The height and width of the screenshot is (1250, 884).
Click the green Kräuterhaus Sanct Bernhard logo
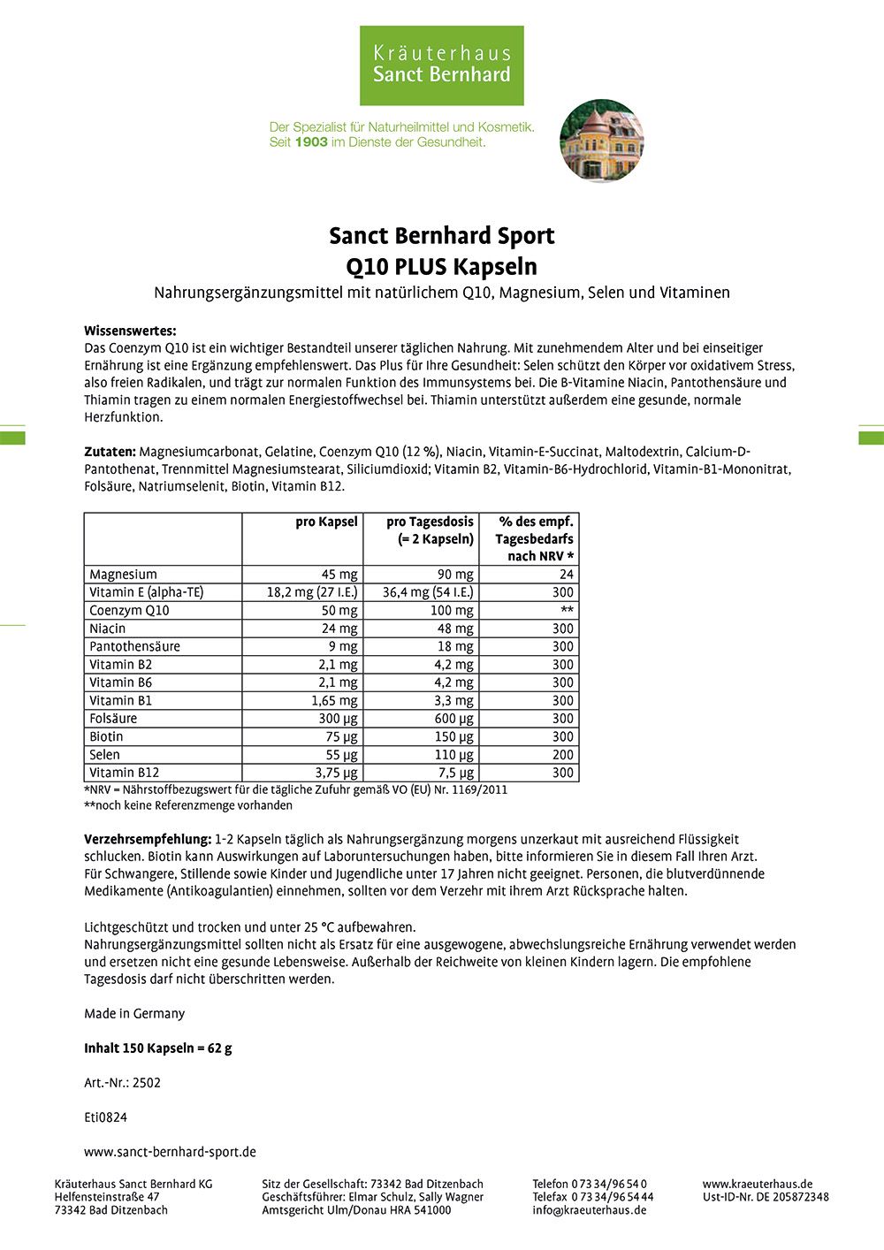click(441, 65)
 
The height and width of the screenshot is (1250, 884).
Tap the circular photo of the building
click(602, 141)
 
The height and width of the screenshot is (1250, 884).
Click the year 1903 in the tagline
click(311, 141)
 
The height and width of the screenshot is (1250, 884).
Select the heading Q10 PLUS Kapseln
click(441, 266)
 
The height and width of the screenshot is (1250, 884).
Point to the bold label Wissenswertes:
click(130, 331)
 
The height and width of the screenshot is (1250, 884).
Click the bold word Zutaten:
click(110, 452)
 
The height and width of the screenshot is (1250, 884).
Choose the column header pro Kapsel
click(326, 522)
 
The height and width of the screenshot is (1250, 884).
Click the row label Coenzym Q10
click(129, 610)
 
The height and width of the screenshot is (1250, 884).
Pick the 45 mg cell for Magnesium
click(339, 575)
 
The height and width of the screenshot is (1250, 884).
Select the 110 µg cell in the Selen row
click(454, 755)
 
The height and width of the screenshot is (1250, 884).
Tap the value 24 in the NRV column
click(566, 575)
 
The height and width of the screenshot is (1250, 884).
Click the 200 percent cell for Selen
click(562, 755)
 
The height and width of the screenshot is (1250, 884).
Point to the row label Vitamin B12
click(125, 773)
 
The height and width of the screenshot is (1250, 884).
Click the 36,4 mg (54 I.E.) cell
click(428, 592)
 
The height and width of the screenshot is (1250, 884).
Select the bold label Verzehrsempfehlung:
click(148, 839)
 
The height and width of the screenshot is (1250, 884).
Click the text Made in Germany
click(134, 1013)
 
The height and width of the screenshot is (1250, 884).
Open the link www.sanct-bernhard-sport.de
click(170, 1152)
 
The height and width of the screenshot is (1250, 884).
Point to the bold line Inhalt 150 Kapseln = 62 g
click(158, 1048)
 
